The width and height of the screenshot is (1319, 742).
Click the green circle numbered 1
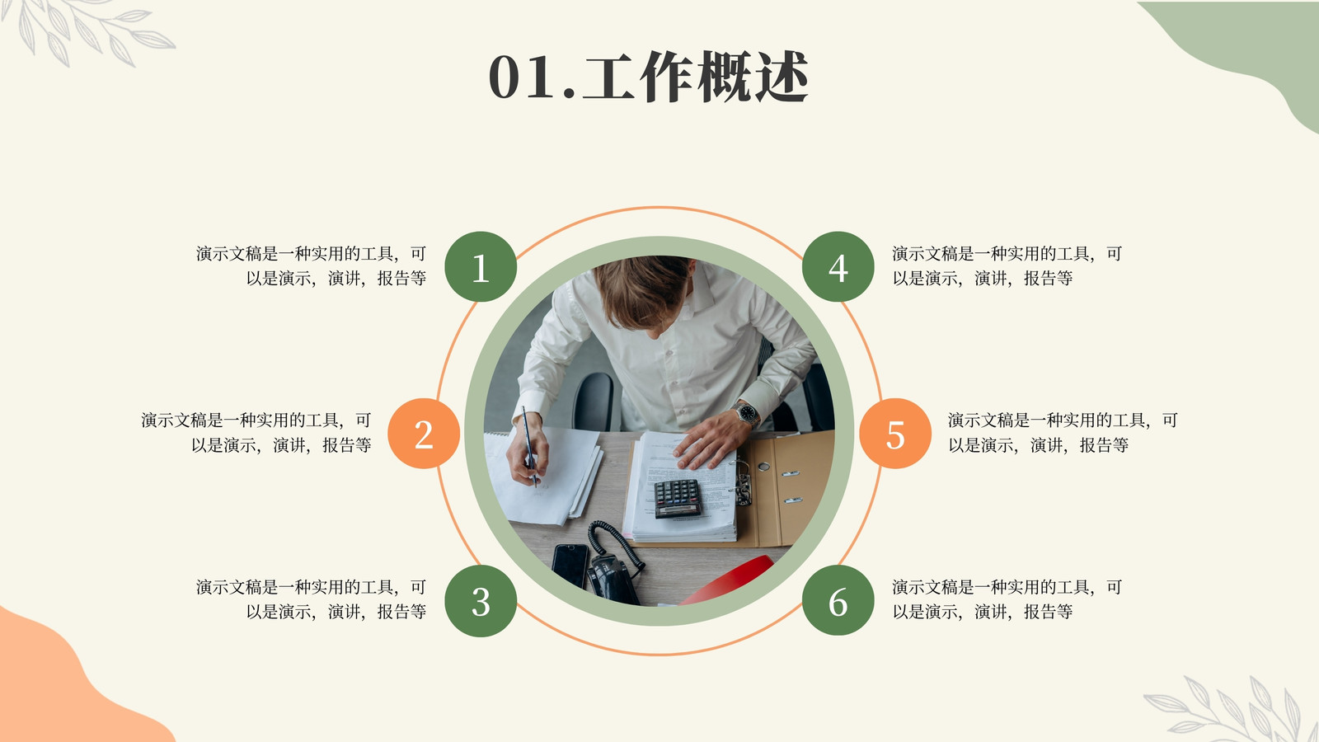(481, 267)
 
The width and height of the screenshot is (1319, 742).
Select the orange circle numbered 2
(424, 434)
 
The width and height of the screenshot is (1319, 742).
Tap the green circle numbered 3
(481, 601)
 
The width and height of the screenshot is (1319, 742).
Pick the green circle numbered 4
(838, 267)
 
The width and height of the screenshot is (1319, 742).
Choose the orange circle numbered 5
(895, 434)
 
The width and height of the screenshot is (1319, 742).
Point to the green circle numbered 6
(838, 601)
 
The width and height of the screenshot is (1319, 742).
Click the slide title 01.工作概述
(648, 77)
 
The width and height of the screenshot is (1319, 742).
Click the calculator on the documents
(677, 498)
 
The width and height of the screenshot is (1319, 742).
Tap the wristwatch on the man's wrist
(747, 413)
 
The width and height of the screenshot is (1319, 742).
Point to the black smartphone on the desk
(570, 566)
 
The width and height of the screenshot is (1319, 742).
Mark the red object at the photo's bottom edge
(727, 580)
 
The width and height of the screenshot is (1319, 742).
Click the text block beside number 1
(311, 265)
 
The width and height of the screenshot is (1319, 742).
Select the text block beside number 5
(1063, 432)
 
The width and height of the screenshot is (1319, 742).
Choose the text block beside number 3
(311, 599)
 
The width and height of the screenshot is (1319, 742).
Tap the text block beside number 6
(1007, 599)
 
